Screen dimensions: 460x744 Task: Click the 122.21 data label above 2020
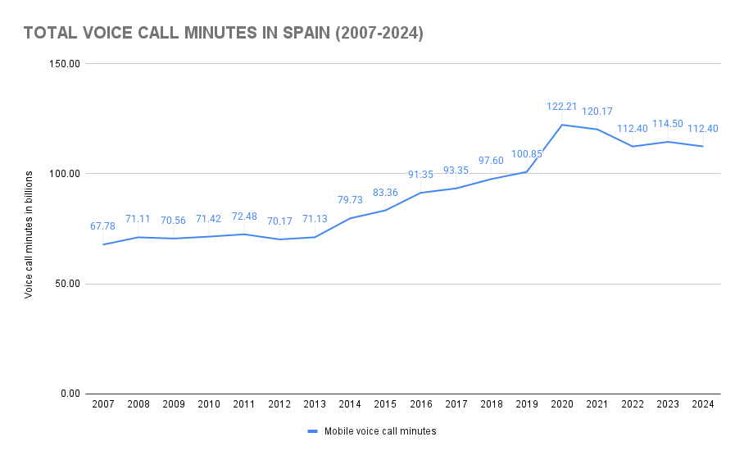point(562,107)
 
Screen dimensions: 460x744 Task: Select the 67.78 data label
point(103,226)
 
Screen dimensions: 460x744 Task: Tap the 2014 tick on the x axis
point(350,405)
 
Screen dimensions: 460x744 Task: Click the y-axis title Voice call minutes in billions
point(29,235)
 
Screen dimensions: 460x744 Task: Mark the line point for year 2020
point(561,125)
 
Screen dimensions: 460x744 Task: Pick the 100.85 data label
point(527,153)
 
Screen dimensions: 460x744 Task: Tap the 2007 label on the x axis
point(103,405)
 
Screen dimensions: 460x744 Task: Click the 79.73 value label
point(350,200)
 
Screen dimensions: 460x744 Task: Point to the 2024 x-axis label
point(702,405)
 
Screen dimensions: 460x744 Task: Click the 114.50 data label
point(667,124)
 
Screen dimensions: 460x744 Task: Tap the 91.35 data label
point(420,175)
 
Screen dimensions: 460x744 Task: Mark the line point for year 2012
point(279,239)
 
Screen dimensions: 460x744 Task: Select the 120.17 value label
point(597,112)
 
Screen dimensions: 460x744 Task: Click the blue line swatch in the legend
point(312,431)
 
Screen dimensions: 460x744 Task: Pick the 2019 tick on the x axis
point(526,405)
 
